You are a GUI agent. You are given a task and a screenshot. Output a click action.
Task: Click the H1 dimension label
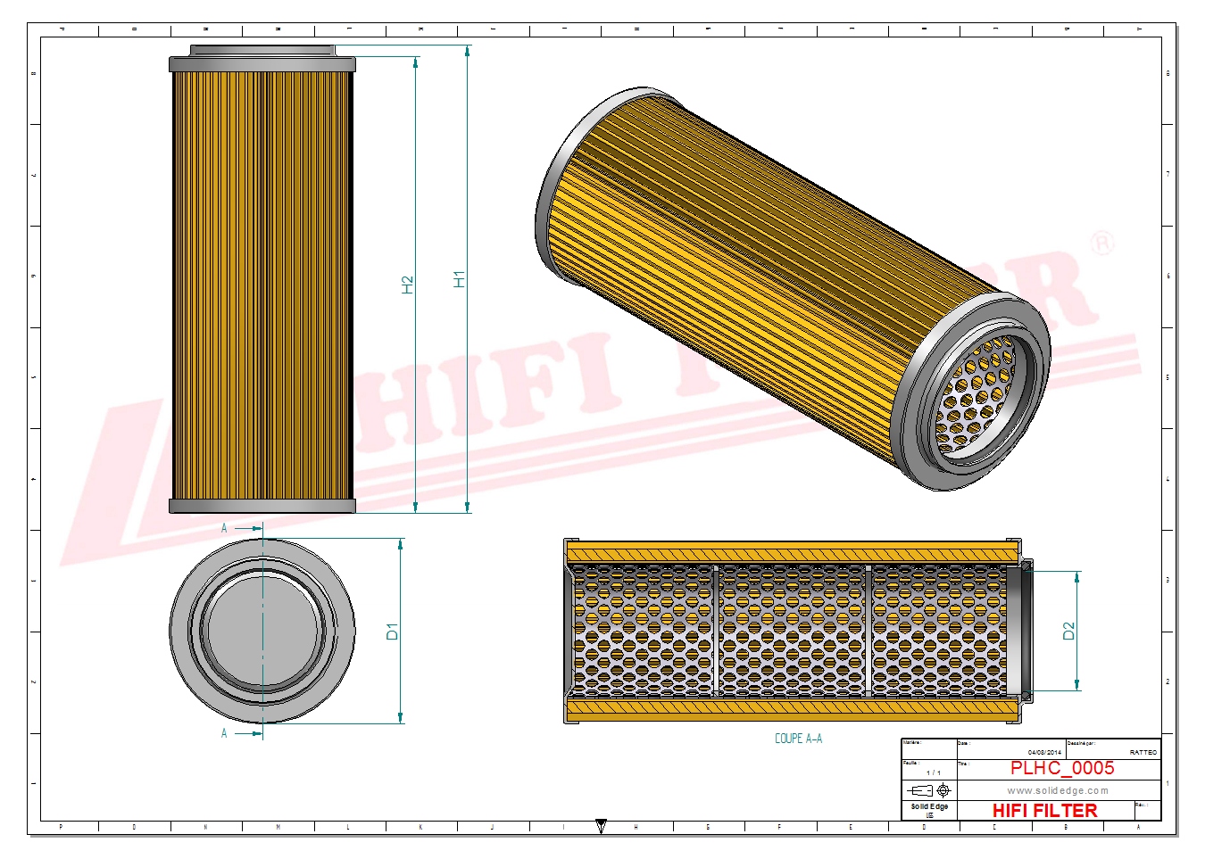[459, 279]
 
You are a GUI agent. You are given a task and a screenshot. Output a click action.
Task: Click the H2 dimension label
[408, 285]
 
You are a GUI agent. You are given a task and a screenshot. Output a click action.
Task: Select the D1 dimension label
[392, 631]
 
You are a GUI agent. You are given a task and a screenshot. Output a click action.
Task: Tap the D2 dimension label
[1068, 631]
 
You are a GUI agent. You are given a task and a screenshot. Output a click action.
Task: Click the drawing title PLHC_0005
[1061, 768]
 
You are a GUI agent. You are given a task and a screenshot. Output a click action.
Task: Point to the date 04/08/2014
[1044, 752]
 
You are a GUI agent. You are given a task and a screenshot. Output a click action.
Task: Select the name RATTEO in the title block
[1143, 752]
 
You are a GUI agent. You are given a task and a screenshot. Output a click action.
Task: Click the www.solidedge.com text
[1057, 790]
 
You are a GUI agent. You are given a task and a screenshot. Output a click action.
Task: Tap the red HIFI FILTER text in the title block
[1044, 810]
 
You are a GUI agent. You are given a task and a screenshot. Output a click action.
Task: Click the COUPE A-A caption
[798, 739]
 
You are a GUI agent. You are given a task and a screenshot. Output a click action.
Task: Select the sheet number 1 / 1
[933, 772]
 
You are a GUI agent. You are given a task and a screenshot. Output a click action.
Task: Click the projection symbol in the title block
[928, 790]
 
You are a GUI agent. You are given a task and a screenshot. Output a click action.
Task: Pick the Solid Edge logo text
[929, 806]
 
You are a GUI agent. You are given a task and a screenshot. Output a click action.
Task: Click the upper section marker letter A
[224, 528]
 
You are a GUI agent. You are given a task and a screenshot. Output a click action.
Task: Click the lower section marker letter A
[224, 733]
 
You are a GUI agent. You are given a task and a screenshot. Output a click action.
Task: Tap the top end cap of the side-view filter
[262, 63]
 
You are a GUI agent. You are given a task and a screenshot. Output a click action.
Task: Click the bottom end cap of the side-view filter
[262, 507]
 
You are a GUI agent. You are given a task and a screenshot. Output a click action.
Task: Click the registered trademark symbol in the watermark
[1103, 243]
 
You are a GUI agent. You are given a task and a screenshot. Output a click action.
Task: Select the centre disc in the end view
[262, 630]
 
